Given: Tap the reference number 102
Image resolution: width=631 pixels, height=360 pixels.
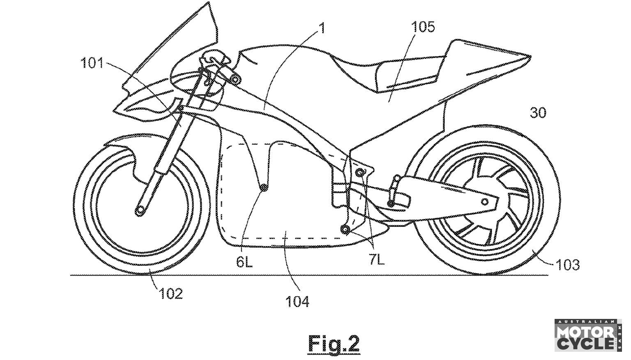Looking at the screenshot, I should pos(171,293).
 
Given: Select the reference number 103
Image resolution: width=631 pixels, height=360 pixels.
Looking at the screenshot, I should pos(568,264).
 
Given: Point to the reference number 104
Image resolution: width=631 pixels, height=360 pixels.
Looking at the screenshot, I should pos(298,302).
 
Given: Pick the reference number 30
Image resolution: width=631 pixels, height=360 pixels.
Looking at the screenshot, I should pos(538,112).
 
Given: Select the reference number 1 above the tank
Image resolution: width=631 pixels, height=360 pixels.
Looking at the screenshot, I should pos(322,28).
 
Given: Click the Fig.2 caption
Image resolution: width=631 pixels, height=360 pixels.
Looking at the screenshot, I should pos(334,342).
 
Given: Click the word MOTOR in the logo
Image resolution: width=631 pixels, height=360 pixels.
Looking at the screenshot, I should pos(585,331).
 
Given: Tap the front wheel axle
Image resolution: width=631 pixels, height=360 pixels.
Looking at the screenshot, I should pos(140,210).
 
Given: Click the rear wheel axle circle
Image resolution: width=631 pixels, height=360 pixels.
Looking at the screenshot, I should pos(485,201).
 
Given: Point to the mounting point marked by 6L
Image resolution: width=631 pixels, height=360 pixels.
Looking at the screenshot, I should pos(263,187).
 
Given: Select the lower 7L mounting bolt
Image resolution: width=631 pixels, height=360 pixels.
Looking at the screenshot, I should pos(345,228).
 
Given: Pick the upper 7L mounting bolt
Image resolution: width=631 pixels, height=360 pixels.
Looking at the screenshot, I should pos(360,171).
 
